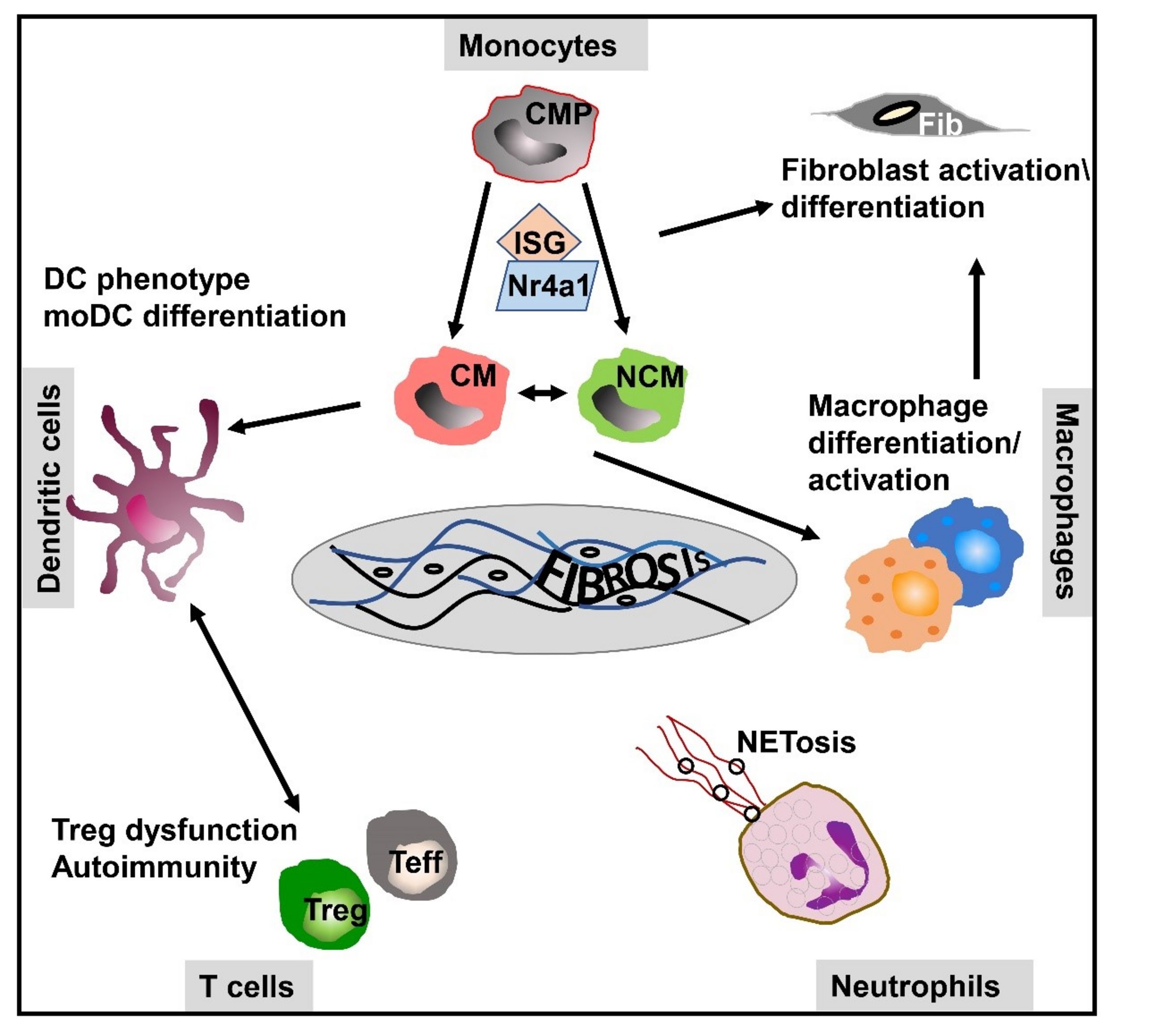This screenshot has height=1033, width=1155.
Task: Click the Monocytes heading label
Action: point(537,45)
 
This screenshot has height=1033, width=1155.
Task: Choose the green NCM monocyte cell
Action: point(630,397)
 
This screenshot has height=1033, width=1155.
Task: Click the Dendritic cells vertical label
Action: point(49,488)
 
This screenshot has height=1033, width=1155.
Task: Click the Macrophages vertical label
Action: point(1067,502)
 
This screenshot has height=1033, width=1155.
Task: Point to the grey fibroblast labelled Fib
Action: point(919,117)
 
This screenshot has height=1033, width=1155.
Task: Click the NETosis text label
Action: point(795,742)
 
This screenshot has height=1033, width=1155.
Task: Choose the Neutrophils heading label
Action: point(915,986)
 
